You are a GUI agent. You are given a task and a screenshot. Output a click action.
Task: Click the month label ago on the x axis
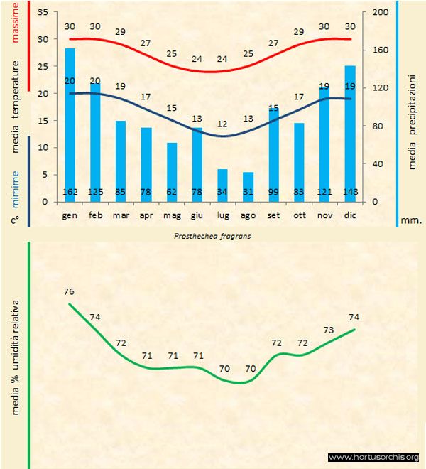[248, 214]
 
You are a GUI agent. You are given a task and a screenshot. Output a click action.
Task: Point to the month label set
[273, 214]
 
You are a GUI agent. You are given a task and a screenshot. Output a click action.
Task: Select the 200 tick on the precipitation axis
[380, 13]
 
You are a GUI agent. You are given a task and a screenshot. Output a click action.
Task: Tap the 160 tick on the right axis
[380, 50]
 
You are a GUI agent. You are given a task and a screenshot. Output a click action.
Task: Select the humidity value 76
[69, 291]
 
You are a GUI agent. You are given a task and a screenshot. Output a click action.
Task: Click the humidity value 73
[329, 330]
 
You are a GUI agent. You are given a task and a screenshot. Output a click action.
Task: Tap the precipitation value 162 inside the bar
[70, 192]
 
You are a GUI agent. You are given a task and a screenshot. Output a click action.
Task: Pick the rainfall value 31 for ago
[248, 192]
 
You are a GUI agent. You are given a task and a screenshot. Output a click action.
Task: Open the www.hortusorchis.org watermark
[374, 457]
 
